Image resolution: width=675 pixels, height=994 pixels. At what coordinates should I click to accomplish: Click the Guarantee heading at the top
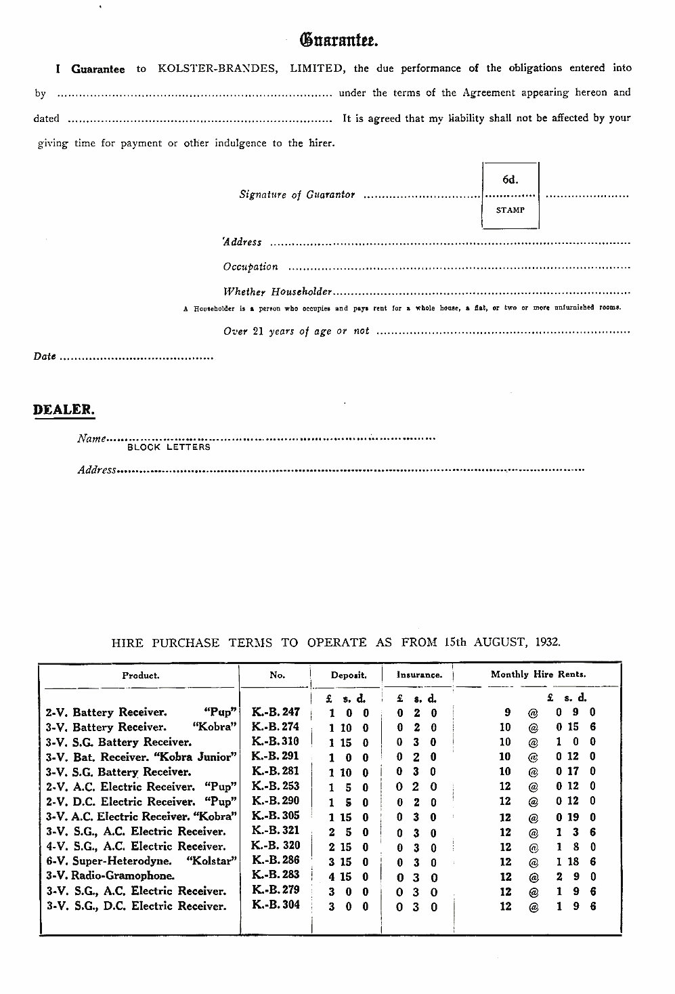[x=339, y=40]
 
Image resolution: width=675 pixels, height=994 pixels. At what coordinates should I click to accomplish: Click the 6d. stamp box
[x=510, y=195]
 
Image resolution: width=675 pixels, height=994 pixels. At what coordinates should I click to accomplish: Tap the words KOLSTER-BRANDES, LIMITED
[x=253, y=68]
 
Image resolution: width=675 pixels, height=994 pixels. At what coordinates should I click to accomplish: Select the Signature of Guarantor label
[x=297, y=195]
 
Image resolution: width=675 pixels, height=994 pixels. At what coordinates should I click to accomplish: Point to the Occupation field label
[x=251, y=267]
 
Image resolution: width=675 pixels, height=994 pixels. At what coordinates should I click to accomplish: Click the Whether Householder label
[x=278, y=292]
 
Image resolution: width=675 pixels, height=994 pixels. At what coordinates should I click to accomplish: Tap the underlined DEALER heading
[x=64, y=410]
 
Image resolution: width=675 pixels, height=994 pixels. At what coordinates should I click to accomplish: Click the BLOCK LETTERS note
[x=169, y=447]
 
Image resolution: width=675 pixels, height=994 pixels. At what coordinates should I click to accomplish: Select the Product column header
[x=141, y=675]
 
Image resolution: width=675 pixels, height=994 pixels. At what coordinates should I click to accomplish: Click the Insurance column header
[x=419, y=675]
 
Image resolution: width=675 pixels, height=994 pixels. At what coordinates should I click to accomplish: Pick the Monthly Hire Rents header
[x=538, y=674]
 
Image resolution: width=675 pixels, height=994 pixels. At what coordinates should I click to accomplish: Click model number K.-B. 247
[x=276, y=712]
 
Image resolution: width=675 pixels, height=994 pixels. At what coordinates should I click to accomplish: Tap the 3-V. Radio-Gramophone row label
[x=110, y=875]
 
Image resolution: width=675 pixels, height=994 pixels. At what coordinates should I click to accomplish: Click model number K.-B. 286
[x=276, y=861]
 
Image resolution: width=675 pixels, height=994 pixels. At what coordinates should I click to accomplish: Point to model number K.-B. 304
[x=276, y=905]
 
